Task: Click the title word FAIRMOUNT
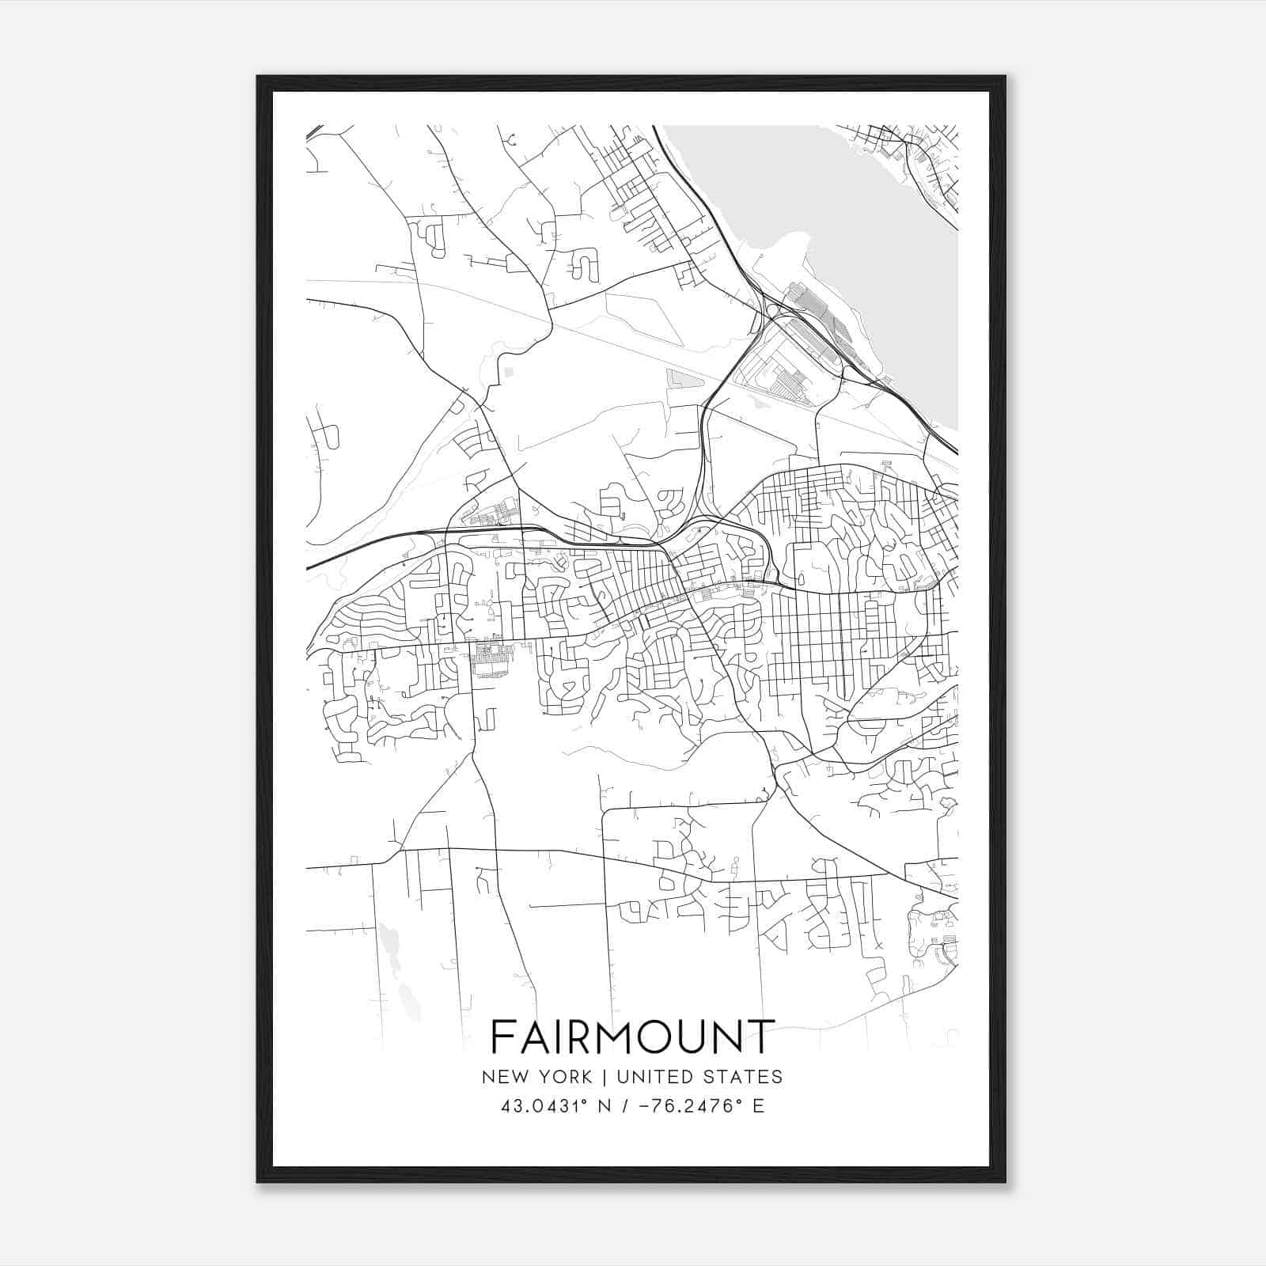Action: click(632, 1037)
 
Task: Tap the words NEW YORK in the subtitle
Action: click(535, 1077)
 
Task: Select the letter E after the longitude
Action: click(758, 1106)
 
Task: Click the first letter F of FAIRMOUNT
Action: click(502, 1037)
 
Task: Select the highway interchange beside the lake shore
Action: click(771, 309)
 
